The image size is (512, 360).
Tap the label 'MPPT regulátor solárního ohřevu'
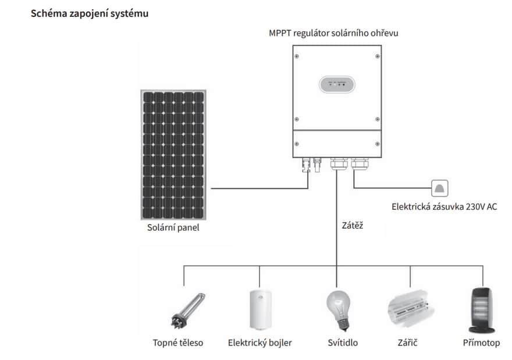(333, 33)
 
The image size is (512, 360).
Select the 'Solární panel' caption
(173, 227)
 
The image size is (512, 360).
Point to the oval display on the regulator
(337, 85)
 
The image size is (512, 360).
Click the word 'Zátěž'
(353, 224)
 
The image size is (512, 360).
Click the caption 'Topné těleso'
(178, 343)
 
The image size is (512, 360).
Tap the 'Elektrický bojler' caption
(259, 343)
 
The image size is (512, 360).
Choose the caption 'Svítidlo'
(343, 343)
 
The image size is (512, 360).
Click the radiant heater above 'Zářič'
(410, 310)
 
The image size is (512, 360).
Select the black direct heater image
(481, 309)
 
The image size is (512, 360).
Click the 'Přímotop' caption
(481, 343)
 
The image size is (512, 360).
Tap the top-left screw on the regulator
(297, 56)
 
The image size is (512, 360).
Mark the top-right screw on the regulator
(378, 56)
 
